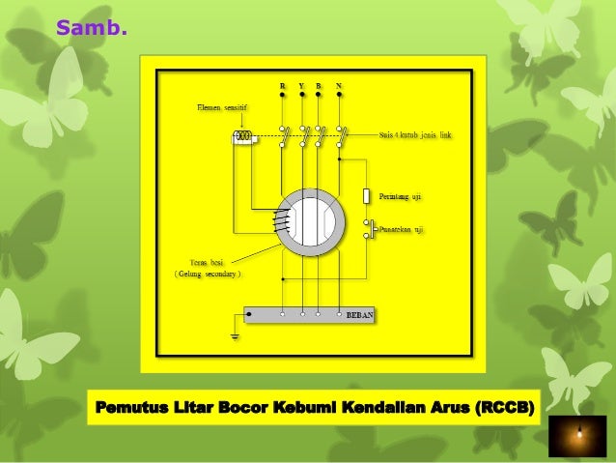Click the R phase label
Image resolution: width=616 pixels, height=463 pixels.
point(282,87)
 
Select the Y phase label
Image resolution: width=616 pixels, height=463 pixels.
point(301,87)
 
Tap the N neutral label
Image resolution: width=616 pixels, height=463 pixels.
point(339,87)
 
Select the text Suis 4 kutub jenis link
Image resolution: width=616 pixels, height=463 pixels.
point(415,136)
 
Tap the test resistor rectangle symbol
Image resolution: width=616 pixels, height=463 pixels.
point(367,196)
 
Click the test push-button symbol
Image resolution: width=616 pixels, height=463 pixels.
point(369,229)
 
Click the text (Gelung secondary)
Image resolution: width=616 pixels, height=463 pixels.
point(208,275)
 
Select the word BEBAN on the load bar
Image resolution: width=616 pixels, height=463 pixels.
point(359,316)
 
